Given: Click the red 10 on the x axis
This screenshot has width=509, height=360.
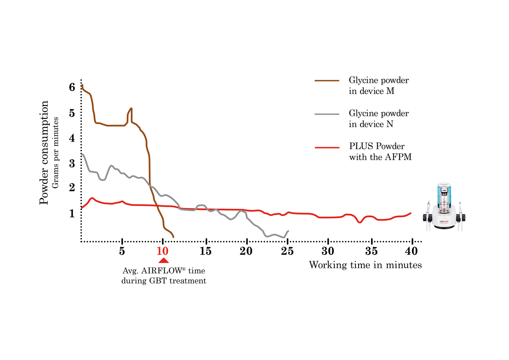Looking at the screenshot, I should click(x=162, y=251).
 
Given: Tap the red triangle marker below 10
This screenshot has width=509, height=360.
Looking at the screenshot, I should click(x=163, y=260).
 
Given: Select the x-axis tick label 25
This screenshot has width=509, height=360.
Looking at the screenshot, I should click(x=287, y=251).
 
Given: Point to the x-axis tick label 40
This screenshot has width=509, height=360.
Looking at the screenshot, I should click(x=411, y=251).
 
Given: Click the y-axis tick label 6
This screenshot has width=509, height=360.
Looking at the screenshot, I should click(x=72, y=88).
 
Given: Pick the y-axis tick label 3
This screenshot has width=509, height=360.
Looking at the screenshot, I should click(x=72, y=163).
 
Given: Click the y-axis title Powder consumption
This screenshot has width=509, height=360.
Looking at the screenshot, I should click(x=44, y=152).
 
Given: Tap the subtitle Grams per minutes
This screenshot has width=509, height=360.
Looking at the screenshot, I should click(x=56, y=152).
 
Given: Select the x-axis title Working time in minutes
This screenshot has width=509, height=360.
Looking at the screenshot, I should click(x=365, y=265).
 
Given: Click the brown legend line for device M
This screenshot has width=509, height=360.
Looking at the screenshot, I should click(x=327, y=81).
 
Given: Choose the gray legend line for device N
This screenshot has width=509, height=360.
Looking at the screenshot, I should click(x=327, y=114).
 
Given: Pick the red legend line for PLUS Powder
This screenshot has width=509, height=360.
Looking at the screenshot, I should click(x=327, y=147).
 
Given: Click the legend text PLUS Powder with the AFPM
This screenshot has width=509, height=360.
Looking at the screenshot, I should click(x=380, y=152).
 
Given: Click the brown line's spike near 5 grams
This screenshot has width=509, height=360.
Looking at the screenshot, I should click(x=131, y=109).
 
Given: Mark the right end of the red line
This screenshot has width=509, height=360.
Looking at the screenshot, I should click(x=411, y=213).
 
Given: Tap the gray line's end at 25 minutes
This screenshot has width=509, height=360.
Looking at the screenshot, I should click(x=288, y=231).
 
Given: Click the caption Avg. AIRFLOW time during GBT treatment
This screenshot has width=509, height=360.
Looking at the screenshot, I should click(x=164, y=276).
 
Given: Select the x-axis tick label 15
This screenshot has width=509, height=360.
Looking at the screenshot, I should click(x=206, y=251).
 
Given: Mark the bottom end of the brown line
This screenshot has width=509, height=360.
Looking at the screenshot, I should click(x=174, y=237).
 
